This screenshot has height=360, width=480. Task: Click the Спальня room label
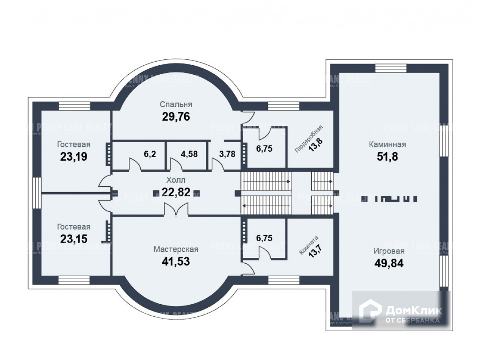pos(176,104)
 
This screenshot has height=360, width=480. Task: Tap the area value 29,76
pos(176,117)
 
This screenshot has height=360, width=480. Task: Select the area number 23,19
pos(73,157)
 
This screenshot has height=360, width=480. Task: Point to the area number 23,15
pos(73,239)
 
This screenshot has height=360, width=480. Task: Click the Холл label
pos(176,180)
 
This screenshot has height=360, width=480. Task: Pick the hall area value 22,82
pos(176,192)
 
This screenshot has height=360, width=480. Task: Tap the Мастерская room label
pos(176,249)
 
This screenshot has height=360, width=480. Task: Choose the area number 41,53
pos(176,261)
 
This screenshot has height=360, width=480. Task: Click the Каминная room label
pos(387,144)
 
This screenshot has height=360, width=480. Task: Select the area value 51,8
pos(387,157)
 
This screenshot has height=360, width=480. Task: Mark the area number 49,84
pos(388,263)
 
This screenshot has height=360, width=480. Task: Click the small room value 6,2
pos(150,154)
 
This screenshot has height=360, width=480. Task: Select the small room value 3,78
pos(227,154)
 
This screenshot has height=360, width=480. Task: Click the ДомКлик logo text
pos(413,310)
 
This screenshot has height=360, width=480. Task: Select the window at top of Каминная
pos(391,68)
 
